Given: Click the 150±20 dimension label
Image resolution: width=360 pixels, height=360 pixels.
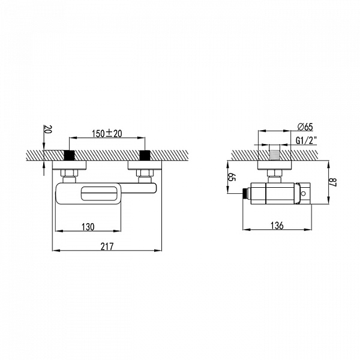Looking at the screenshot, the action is click(107, 134).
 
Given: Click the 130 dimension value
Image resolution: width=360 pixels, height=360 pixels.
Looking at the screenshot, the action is click(88, 227).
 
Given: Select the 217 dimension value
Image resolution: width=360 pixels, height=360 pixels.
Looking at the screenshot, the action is click(107, 247).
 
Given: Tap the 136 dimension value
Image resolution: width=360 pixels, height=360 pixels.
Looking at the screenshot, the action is click(277, 226).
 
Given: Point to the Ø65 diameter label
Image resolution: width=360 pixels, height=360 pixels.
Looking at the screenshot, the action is click(305, 127).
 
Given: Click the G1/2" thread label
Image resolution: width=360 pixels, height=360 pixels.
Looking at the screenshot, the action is click(306, 140).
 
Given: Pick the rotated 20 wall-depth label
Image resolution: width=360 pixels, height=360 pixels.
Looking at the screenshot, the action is click(49, 129).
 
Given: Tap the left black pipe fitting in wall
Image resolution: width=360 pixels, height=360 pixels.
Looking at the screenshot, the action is click(69, 155).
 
